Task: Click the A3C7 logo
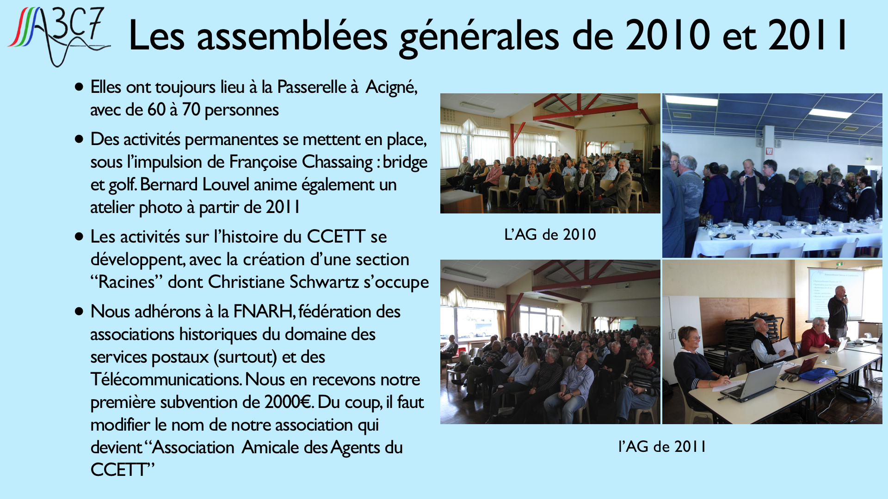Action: coord(59,36)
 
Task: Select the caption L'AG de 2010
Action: coord(550,235)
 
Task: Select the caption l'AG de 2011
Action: coord(662,446)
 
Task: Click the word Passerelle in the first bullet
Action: coord(312,87)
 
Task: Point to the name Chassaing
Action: coord(337,163)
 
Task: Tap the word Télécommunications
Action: coord(166,379)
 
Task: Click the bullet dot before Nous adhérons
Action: coord(79,311)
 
